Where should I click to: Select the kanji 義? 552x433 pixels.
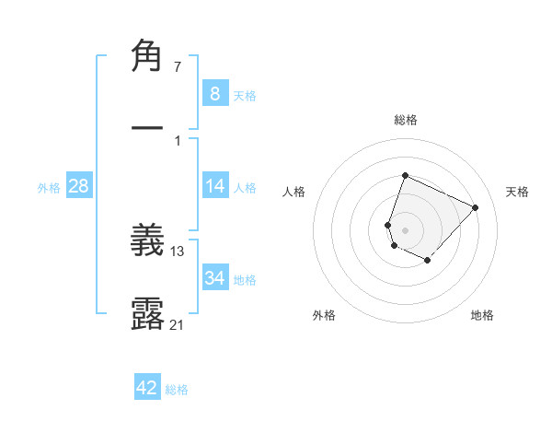pyautogui.click(x=147, y=242)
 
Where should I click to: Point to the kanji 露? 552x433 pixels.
pyautogui.click(x=147, y=313)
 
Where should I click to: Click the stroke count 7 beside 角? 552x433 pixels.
pyautogui.click(x=178, y=67)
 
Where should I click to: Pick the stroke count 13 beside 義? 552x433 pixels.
pyautogui.click(x=178, y=252)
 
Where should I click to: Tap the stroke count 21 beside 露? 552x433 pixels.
pyautogui.click(x=178, y=323)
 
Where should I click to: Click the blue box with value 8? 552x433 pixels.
pyautogui.click(x=214, y=93)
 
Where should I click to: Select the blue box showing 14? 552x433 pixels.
pyautogui.click(x=214, y=186)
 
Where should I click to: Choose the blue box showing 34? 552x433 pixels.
pyautogui.click(x=214, y=277)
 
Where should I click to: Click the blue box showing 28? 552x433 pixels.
pyautogui.click(x=79, y=186)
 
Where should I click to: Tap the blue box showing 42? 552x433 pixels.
pyautogui.click(x=147, y=388)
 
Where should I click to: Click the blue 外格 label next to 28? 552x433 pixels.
pyautogui.click(x=49, y=188)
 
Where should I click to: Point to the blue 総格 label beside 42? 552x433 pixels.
pyautogui.click(x=177, y=390)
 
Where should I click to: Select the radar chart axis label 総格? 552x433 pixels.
pyautogui.click(x=405, y=120)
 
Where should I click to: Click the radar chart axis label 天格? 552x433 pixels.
pyautogui.click(x=517, y=192)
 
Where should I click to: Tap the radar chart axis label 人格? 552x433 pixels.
pyautogui.click(x=294, y=192)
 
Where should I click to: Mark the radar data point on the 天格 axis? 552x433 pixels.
pyautogui.click(x=476, y=207)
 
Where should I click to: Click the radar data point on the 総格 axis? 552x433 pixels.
pyautogui.click(x=405, y=176)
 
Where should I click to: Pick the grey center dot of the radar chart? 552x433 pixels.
pyautogui.click(x=405, y=230)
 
